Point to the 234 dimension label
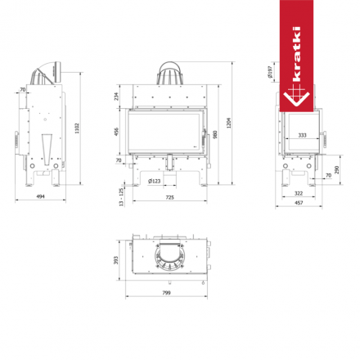(117, 97)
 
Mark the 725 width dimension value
(167, 199)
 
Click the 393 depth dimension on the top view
(115, 259)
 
